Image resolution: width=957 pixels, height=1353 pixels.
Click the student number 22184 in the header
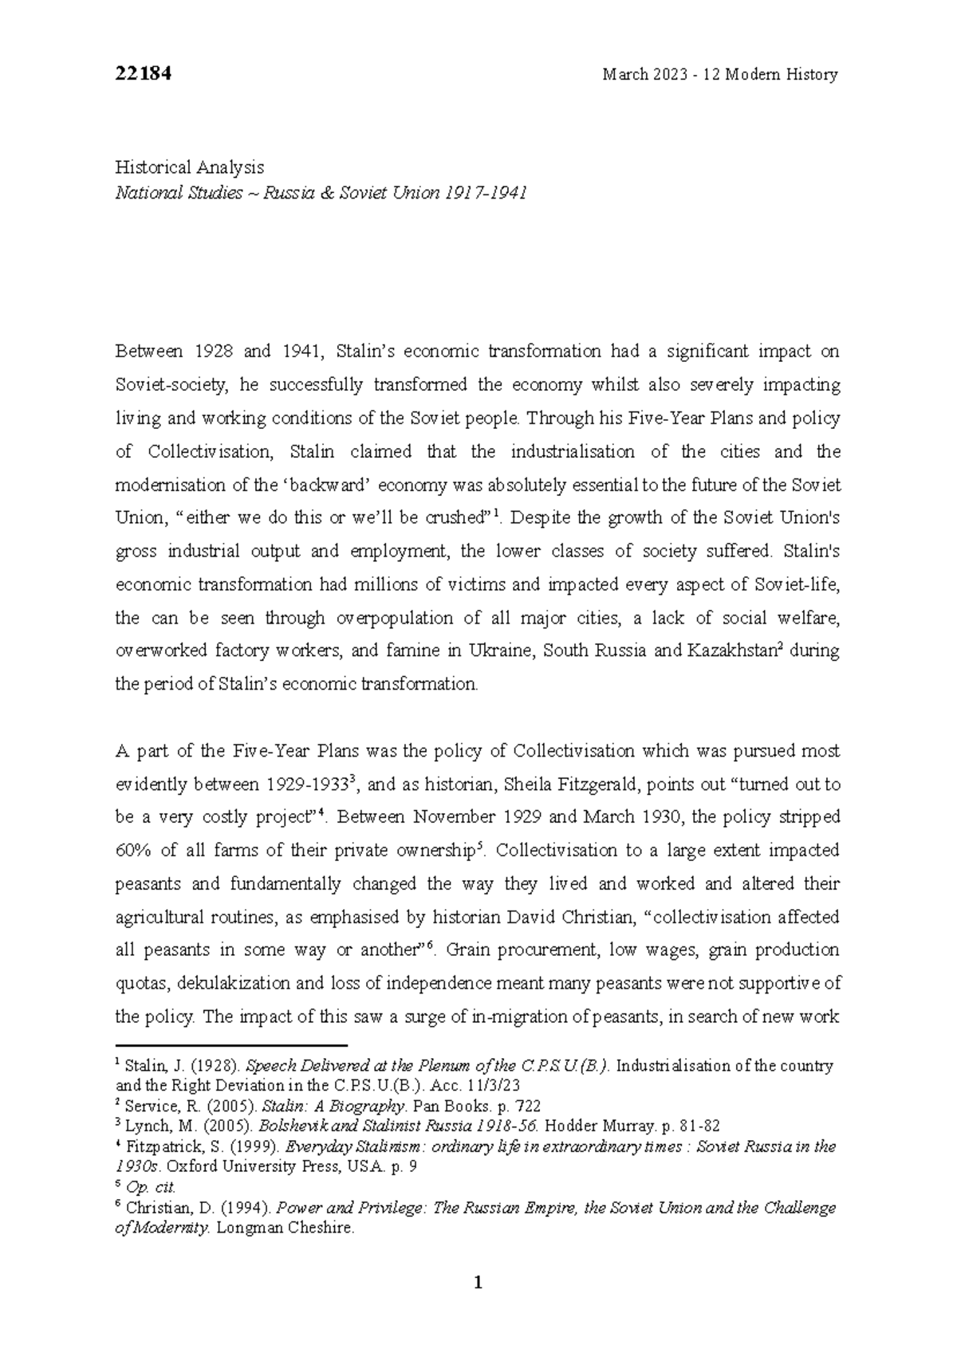pos(144,74)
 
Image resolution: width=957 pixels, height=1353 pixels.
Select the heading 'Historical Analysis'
pos(190,167)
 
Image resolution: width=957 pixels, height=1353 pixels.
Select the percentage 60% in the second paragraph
pos(133,851)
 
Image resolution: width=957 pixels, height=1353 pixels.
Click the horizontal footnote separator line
pos(231,1045)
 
